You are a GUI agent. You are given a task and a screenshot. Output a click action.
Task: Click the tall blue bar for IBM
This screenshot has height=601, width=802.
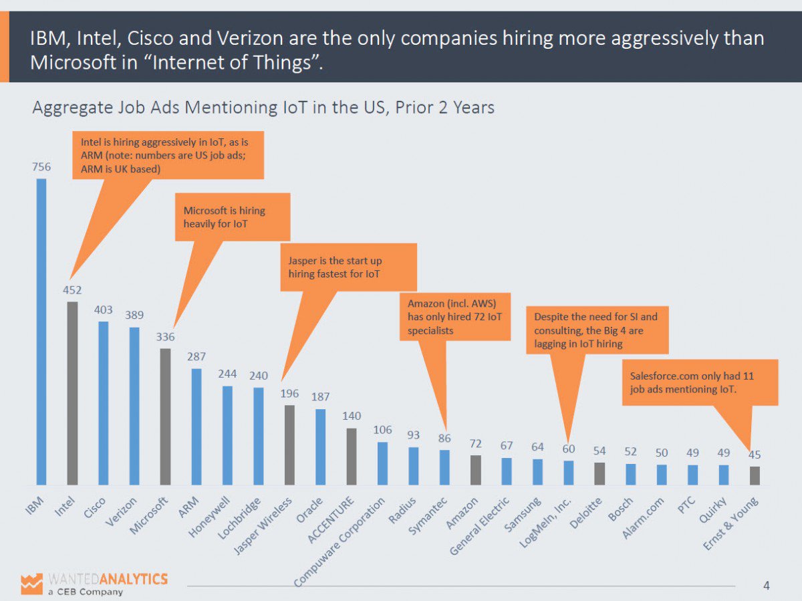click(41, 331)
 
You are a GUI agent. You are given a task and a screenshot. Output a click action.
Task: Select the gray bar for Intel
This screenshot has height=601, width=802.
click(72, 393)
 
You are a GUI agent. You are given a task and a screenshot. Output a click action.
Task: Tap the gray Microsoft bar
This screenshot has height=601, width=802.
click(165, 416)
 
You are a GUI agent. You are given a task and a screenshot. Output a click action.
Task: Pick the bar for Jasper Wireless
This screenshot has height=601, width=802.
click(289, 445)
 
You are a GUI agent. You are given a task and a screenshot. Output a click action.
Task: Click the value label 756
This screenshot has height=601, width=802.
click(41, 167)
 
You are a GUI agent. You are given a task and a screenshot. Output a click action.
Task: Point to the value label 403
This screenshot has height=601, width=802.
click(104, 310)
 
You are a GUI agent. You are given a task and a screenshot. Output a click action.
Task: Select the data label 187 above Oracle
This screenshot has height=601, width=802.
click(320, 397)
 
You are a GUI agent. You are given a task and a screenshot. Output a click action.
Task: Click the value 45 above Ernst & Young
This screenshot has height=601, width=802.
click(755, 455)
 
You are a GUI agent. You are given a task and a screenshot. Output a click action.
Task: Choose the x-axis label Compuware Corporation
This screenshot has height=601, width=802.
click(341, 541)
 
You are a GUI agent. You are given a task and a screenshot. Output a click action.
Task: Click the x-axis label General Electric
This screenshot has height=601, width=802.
click(480, 524)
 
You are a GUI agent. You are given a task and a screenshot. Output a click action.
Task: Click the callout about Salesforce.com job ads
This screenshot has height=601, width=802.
click(700, 382)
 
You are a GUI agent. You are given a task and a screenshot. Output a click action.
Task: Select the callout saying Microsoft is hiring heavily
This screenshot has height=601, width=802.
click(232, 217)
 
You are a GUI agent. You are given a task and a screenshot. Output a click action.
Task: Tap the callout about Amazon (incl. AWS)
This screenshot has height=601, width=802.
click(454, 317)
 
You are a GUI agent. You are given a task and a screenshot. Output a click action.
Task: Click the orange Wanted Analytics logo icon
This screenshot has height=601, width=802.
click(31, 583)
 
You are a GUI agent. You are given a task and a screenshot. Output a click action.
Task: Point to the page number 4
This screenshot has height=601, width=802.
click(766, 586)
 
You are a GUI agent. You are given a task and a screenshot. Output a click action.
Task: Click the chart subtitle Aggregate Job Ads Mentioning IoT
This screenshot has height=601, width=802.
click(263, 108)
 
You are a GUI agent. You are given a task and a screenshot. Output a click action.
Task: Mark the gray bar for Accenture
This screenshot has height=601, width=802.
click(352, 456)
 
